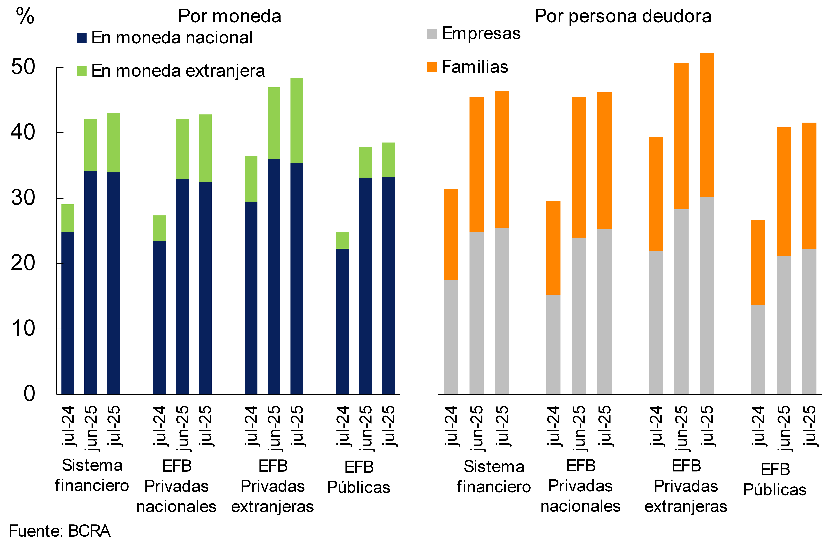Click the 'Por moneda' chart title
click(230, 16)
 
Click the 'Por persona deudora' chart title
click(623, 16)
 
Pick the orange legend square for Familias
click(432, 67)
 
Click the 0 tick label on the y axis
click(29, 394)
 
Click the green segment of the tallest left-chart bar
click(297, 121)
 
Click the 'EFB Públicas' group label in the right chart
click(775, 479)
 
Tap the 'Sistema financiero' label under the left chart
click(92, 475)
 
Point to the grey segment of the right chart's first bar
click(451, 337)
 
